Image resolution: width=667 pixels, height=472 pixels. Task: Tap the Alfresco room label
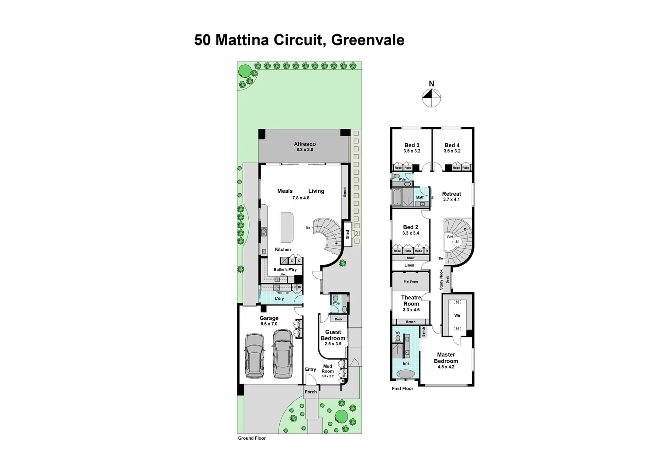coord(305,144)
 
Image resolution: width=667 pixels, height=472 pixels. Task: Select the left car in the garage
coord(254,356)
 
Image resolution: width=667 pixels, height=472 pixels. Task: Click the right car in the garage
coord(282,354)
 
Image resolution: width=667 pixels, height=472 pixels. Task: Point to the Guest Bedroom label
coord(333,335)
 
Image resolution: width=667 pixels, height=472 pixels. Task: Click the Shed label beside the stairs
coord(347,235)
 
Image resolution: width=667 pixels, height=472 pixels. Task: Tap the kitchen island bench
coord(287,227)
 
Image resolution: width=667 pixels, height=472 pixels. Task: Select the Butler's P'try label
coord(285,270)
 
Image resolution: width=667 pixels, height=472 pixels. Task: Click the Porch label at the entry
coord(311,392)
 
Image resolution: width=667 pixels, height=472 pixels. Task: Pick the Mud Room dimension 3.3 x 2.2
coord(327,376)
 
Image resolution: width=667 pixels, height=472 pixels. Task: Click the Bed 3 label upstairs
coord(412,146)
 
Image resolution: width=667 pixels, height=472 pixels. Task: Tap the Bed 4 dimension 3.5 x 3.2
coord(452,151)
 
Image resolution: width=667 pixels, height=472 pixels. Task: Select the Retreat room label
coord(451,194)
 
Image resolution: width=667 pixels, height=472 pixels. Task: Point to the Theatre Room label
coord(411,301)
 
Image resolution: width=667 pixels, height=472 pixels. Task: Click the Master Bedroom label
coord(446,358)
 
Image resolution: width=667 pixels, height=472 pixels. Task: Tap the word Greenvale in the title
coord(368,40)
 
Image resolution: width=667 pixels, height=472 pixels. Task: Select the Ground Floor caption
coord(251,438)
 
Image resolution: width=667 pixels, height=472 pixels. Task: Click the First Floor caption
coord(402,389)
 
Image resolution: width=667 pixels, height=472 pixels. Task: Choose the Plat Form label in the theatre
coord(410,282)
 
